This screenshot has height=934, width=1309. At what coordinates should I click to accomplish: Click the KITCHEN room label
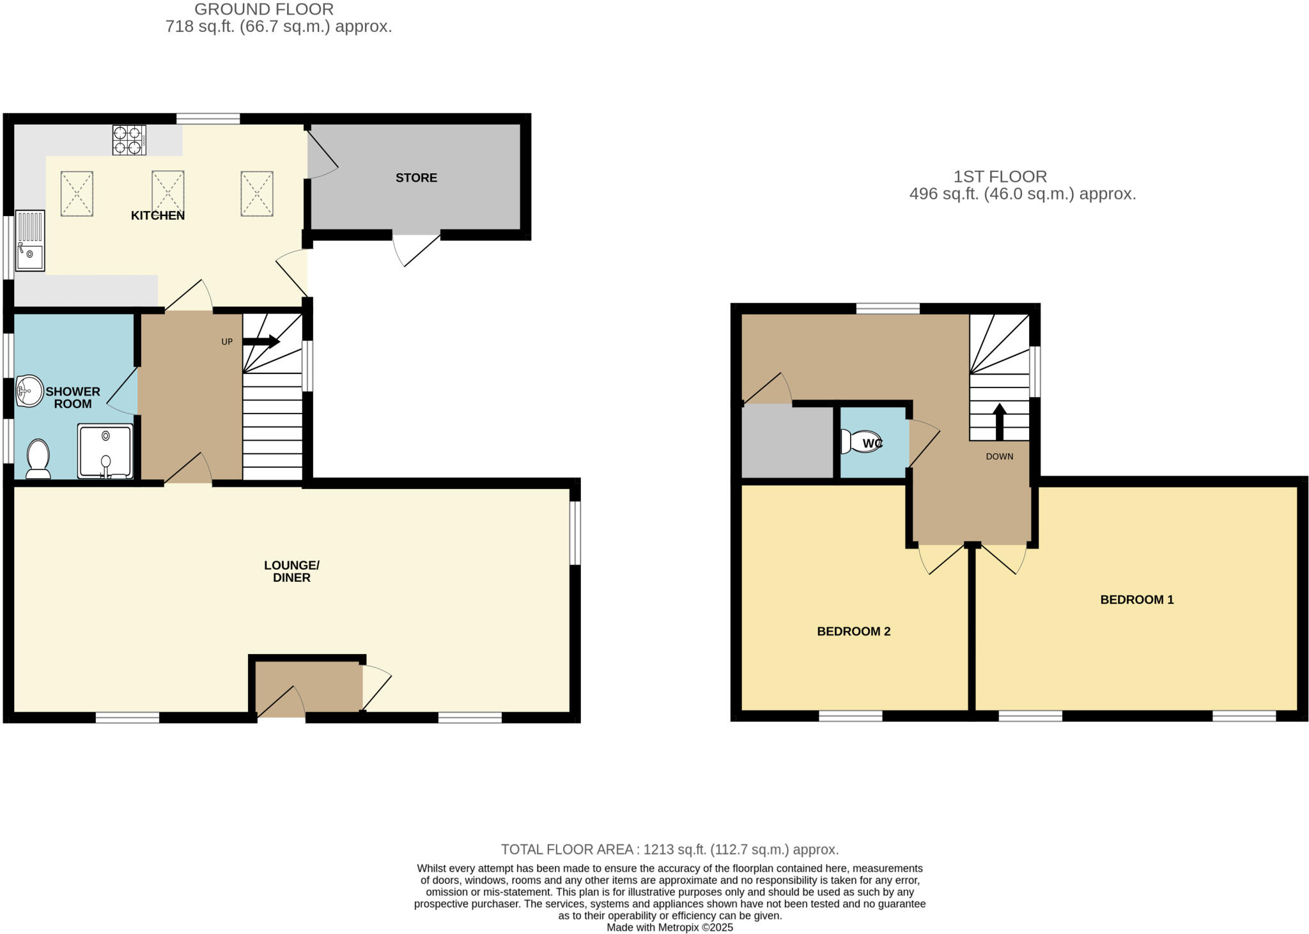click(158, 215)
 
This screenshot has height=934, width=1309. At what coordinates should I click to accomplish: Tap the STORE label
click(416, 178)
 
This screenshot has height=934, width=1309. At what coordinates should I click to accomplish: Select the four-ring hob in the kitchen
click(129, 140)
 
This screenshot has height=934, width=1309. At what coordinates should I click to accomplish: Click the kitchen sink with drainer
click(30, 240)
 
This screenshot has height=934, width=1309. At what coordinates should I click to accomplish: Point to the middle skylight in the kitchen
click(167, 193)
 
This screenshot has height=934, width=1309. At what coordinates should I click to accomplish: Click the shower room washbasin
click(29, 391)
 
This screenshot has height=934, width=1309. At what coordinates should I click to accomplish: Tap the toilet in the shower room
click(39, 458)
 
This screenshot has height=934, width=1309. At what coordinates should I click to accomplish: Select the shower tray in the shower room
click(105, 451)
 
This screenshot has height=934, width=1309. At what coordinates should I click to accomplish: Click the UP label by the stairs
click(227, 342)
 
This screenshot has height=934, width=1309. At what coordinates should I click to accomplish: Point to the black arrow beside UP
click(261, 341)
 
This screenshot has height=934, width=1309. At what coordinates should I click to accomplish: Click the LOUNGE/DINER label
click(291, 572)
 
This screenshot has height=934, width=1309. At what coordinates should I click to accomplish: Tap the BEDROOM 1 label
click(1136, 600)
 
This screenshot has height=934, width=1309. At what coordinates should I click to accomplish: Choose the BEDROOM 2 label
click(853, 632)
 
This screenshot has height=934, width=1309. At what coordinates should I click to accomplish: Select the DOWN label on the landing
click(999, 456)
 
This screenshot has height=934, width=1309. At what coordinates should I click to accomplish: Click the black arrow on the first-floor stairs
click(999, 421)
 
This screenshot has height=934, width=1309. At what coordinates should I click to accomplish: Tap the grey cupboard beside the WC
click(787, 442)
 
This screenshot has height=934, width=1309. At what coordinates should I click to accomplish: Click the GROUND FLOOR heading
click(264, 10)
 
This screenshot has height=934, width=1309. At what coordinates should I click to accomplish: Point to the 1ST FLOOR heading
click(1000, 176)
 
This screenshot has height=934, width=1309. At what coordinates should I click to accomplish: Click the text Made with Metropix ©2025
click(669, 928)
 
